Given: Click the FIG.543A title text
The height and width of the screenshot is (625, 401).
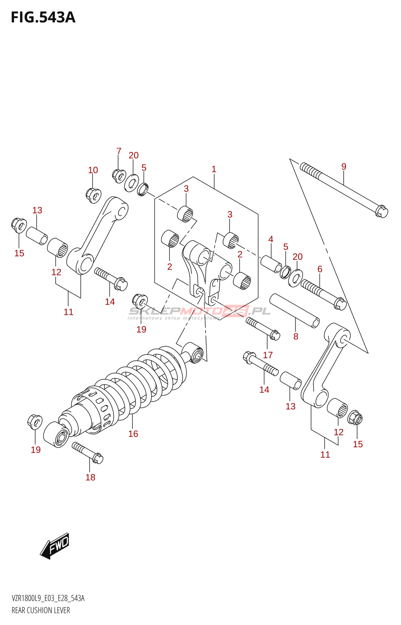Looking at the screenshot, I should [x=43, y=18].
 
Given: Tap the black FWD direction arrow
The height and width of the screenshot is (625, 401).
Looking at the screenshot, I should [x=55, y=545].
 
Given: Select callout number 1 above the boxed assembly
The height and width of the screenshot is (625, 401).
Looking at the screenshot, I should [x=214, y=169].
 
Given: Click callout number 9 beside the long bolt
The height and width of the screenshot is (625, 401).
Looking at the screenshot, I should [x=344, y=166].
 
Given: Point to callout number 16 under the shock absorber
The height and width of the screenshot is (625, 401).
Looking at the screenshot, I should [x=133, y=434].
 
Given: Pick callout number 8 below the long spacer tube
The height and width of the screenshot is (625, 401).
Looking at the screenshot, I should [x=296, y=336].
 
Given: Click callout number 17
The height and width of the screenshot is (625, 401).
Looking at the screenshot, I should [x=268, y=355].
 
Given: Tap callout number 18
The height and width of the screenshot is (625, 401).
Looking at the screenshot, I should [x=90, y=477].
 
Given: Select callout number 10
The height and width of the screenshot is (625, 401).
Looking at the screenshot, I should [x=93, y=170].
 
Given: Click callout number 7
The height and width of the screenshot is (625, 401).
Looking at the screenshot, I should [x=119, y=151].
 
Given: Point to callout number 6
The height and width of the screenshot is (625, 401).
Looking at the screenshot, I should [x=320, y=269].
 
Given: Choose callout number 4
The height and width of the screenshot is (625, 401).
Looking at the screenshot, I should [x=271, y=239].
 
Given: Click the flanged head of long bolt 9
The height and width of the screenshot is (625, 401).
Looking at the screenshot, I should [x=381, y=211].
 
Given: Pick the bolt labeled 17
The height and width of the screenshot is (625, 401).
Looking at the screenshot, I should [x=263, y=328].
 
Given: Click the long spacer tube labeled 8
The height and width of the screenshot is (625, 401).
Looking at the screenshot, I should [x=295, y=311].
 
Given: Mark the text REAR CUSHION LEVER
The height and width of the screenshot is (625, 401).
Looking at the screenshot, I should [x=41, y=610].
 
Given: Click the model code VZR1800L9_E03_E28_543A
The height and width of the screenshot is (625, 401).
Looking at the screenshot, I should [x=48, y=598].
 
